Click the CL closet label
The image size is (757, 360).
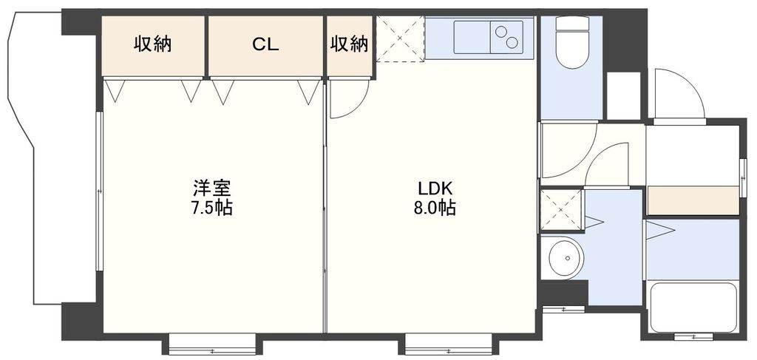(265, 44)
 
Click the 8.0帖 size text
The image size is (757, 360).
(433, 208)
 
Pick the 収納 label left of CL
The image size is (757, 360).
(152, 44)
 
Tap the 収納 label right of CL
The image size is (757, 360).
(349, 44)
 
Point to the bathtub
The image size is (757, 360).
(693, 306)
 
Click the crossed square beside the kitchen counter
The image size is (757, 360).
(400, 38)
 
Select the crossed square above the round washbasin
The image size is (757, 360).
(560, 211)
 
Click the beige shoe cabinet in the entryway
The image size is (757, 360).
(693, 200)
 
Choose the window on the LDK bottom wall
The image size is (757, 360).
(448, 345)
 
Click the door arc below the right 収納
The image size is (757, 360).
(347, 100)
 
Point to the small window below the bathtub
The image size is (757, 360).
(693, 337)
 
